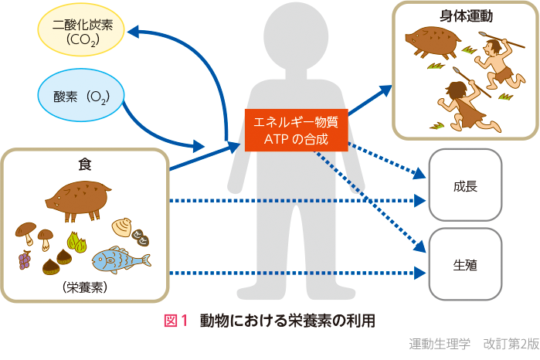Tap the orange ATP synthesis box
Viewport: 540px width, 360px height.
coord(296,131)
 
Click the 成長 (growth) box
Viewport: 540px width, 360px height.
coord(465,185)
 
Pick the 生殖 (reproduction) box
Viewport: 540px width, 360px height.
coord(465,265)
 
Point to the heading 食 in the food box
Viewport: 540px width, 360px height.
coord(84,164)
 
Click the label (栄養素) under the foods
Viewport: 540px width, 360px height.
coord(84,287)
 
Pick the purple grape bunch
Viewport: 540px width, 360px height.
coord(25,259)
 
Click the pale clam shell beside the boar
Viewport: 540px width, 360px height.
coord(122,227)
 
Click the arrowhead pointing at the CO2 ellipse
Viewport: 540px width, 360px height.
coord(133,32)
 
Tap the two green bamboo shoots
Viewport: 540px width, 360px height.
coord(76,243)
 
